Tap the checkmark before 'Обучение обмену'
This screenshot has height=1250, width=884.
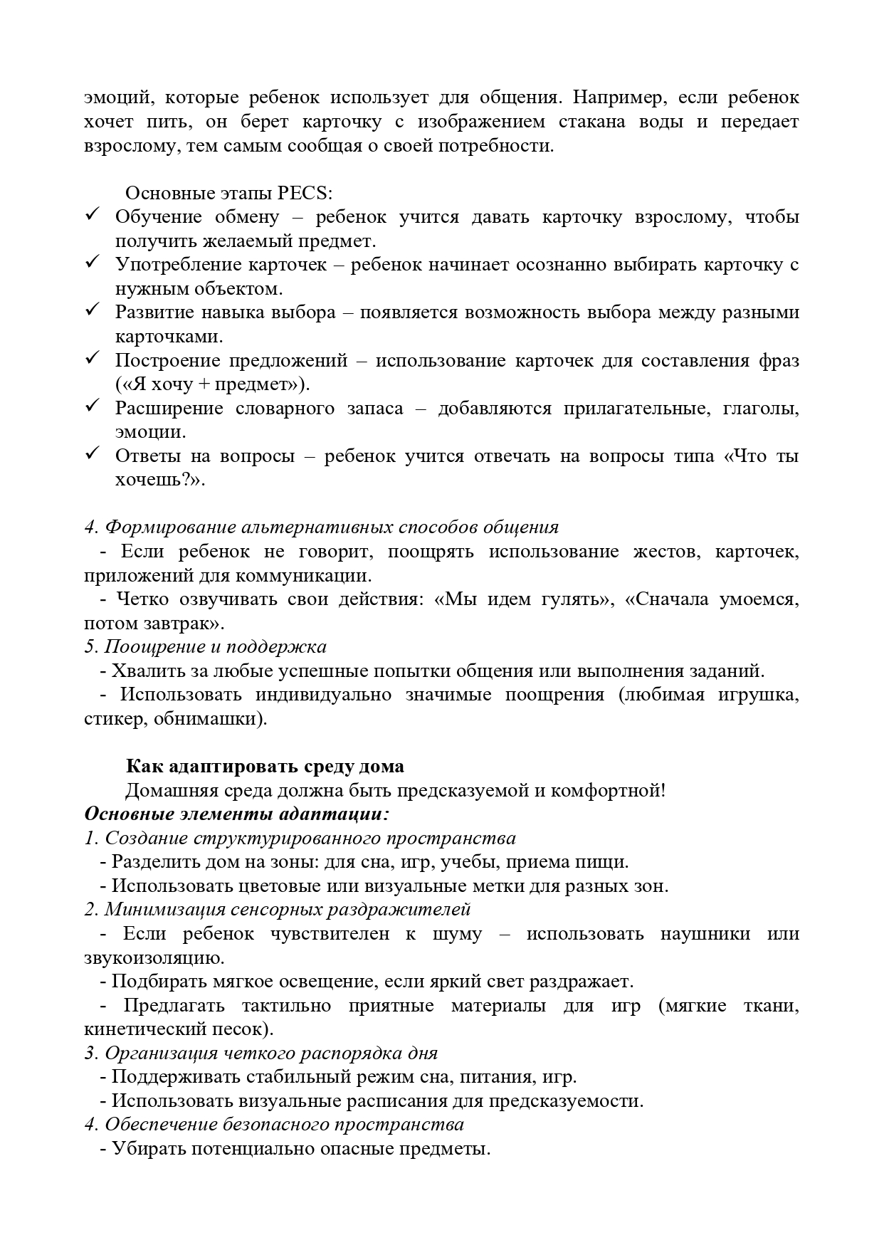(x=92, y=215)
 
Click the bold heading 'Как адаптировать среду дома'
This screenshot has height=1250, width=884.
(x=265, y=767)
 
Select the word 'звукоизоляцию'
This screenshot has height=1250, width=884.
(x=153, y=958)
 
